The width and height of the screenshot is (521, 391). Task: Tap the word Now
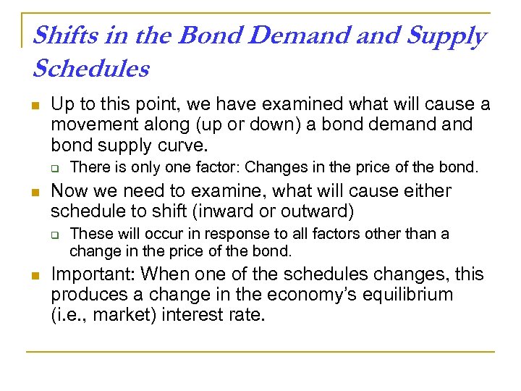(69, 191)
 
